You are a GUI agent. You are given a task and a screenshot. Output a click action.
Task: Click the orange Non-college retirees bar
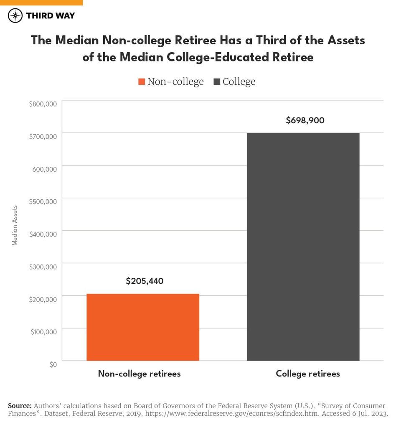pyautogui.click(x=142, y=327)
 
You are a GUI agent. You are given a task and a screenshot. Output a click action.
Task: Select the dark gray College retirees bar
pyautogui.click(x=303, y=247)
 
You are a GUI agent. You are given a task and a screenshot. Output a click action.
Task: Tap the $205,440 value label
pyautogui.click(x=145, y=281)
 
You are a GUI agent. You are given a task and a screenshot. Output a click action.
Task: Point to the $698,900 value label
pyautogui.click(x=305, y=121)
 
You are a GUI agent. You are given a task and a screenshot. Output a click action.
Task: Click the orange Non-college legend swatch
pyautogui.click(x=141, y=82)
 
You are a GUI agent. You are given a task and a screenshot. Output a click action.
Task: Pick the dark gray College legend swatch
pyautogui.click(x=217, y=82)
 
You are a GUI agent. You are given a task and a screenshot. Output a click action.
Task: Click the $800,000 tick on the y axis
pyautogui.click(x=43, y=104)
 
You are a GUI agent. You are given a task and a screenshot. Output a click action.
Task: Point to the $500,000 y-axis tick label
pyautogui.click(x=43, y=201)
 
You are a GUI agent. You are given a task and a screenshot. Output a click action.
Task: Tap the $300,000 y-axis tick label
pyautogui.click(x=43, y=267)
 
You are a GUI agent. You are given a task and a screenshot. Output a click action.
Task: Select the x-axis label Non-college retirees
pyautogui.click(x=139, y=374)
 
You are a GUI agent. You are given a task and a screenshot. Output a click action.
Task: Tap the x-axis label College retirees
pyautogui.click(x=308, y=374)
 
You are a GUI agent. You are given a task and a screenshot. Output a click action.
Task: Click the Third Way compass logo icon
pyautogui.click(x=15, y=16)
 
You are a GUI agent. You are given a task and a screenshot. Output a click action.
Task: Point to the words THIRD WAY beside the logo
pyautogui.click(x=50, y=16)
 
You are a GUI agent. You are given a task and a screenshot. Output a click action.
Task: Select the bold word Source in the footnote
pyautogui.click(x=20, y=406)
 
